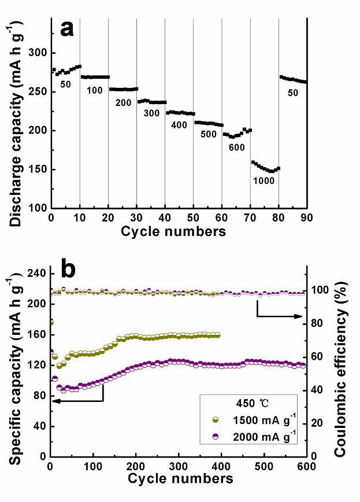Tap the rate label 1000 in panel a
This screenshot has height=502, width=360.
click(x=263, y=180)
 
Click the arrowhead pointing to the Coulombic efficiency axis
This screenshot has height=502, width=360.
click(x=301, y=316)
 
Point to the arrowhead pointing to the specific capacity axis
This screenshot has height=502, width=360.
click(x=54, y=400)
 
